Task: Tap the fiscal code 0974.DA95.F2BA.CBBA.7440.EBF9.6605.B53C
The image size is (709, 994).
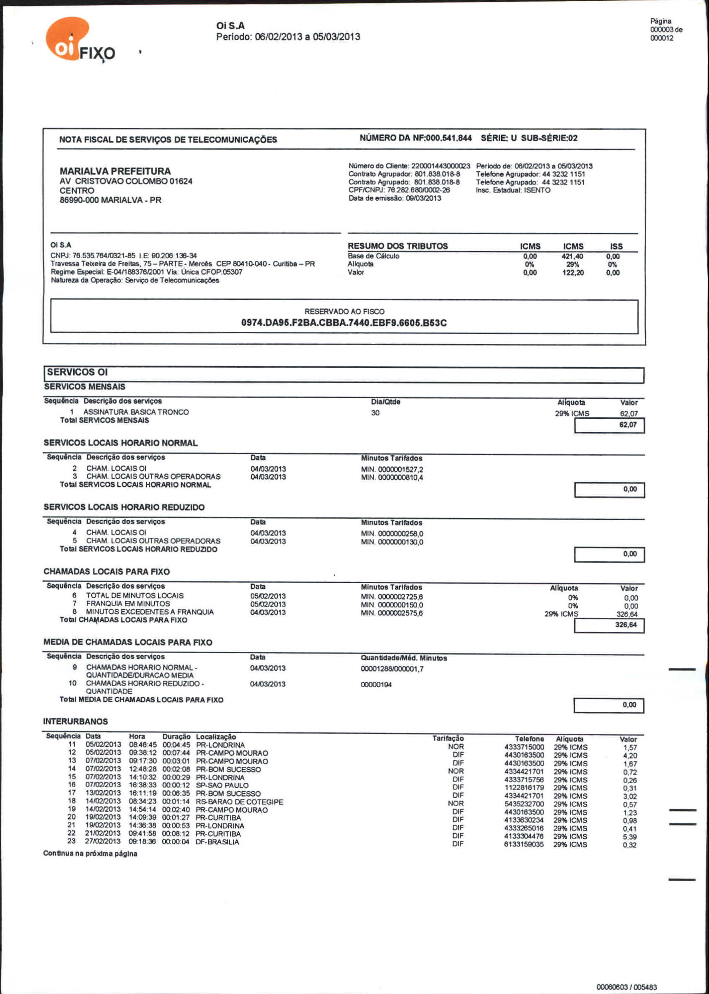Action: [x=344, y=323]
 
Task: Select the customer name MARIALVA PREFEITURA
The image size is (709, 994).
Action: [x=115, y=171]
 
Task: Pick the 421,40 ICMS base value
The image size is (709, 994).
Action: [x=572, y=257]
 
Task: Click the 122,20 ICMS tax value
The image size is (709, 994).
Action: [x=572, y=273]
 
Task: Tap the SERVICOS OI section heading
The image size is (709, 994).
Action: [x=77, y=372]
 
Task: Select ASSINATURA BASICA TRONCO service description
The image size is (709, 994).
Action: [x=136, y=412]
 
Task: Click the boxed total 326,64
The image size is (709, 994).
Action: [x=626, y=625]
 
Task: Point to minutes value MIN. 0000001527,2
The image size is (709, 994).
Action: [x=392, y=470]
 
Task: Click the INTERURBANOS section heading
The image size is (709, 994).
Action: [x=75, y=721]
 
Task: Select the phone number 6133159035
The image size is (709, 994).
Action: [x=523, y=844]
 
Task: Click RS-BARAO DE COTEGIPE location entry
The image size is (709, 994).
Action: [x=239, y=802]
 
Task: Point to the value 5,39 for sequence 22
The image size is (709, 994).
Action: [x=629, y=837]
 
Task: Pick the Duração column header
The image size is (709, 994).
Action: [x=176, y=736]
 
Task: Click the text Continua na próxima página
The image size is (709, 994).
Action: [x=90, y=854]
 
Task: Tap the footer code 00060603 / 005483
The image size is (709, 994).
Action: [x=626, y=986]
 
